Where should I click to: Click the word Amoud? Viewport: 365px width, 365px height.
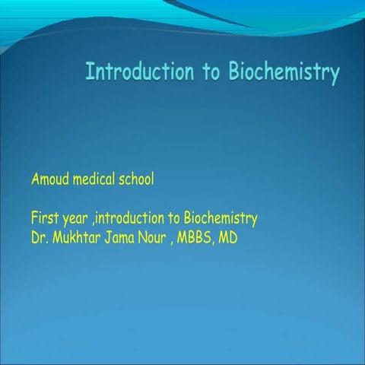click(x=50, y=180)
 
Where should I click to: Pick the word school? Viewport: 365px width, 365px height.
click(x=137, y=180)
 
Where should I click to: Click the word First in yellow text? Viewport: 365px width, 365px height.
click(x=44, y=221)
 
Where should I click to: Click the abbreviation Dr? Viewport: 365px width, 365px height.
click(x=39, y=239)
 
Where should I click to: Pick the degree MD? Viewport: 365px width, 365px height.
click(x=228, y=239)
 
